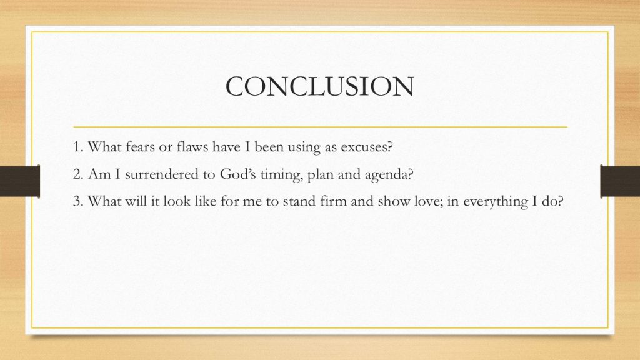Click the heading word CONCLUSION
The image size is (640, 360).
(319, 86)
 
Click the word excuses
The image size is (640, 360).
(366, 146)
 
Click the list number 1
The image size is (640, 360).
(78, 146)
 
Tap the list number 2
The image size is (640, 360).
(78, 174)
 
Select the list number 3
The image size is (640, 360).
(78, 201)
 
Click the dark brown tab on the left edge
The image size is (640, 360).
(20, 181)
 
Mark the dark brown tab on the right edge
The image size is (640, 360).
(620, 181)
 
